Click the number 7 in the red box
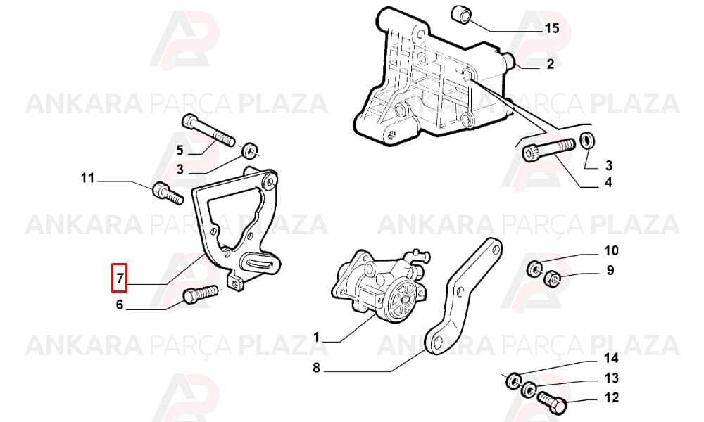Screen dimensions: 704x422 pos(120,278)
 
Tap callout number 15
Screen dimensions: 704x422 pos(552,28)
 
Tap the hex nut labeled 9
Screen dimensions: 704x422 pos(551,279)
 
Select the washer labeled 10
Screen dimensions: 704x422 pos(534,269)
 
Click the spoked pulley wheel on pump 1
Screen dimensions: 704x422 pos(401,300)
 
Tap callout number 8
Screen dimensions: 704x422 pos(317,368)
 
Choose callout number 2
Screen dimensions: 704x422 pos(551,64)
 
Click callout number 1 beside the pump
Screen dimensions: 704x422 pos(316,337)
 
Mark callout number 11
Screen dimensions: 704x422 pos(88,178)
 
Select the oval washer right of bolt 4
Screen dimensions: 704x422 pos(587,141)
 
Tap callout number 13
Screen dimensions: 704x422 pos(611,378)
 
